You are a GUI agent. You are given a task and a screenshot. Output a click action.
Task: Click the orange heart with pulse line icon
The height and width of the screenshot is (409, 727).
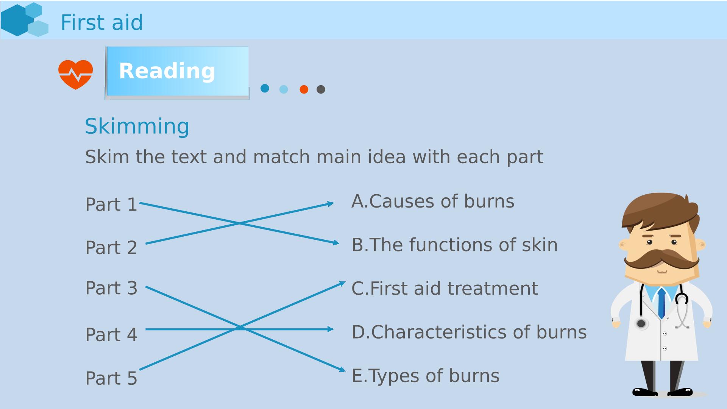point(75,75)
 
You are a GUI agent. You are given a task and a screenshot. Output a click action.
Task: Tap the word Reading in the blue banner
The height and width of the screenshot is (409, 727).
point(167,71)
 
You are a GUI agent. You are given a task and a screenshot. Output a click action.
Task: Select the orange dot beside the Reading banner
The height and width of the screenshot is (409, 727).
point(304,89)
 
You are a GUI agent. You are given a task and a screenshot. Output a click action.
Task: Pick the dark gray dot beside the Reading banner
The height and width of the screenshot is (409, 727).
point(321,89)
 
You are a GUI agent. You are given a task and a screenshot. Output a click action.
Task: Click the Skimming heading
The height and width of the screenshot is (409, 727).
point(137,126)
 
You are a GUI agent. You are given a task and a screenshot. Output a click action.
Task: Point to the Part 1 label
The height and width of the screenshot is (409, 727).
point(111,204)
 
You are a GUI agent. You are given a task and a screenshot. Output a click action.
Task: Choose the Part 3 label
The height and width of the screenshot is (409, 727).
point(111,288)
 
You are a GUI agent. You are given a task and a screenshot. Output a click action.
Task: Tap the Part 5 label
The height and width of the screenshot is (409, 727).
point(111,378)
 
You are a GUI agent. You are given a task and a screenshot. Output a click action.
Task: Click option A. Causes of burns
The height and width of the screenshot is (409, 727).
point(433,201)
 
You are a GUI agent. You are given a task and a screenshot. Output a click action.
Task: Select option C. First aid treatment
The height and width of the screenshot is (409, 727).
point(445,288)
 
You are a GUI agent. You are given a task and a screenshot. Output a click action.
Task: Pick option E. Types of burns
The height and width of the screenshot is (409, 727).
point(425,376)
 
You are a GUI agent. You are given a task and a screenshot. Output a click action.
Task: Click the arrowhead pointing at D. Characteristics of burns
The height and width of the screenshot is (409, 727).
point(331,329)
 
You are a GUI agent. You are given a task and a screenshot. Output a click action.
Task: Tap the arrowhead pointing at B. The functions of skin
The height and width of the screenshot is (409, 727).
point(336,242)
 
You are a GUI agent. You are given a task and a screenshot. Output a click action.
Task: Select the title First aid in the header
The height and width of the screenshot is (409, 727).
point(102,22)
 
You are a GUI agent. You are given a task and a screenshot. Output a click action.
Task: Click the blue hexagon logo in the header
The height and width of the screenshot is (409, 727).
point(25,20)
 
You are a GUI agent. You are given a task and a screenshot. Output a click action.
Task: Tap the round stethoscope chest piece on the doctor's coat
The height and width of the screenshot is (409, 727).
point(641,324)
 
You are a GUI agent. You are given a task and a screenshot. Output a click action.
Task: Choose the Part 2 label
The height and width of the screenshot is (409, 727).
point(111,248)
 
